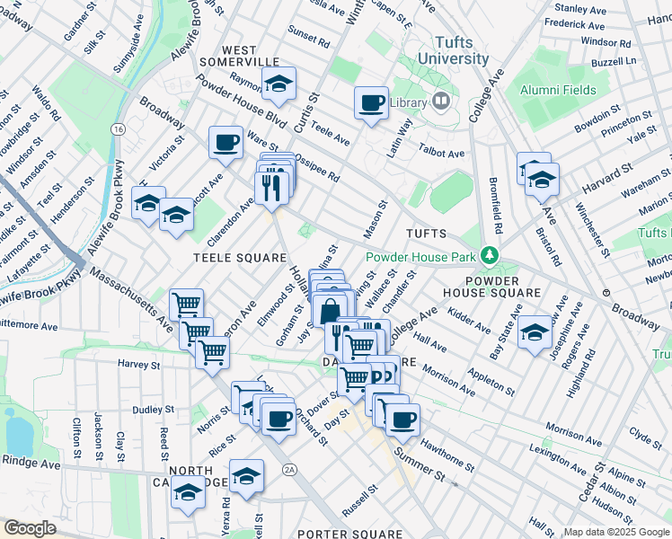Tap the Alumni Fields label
pos(557,90)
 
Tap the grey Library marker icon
pos(440,102)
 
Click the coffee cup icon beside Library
pos(371,102)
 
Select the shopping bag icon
pos(330,311)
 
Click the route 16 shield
pos(118,129)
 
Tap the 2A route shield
pos(289,469)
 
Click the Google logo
pos(30,528)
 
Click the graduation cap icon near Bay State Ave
pos(535,331)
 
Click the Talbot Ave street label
pos(444,154)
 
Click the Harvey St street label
pos(137,366)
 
